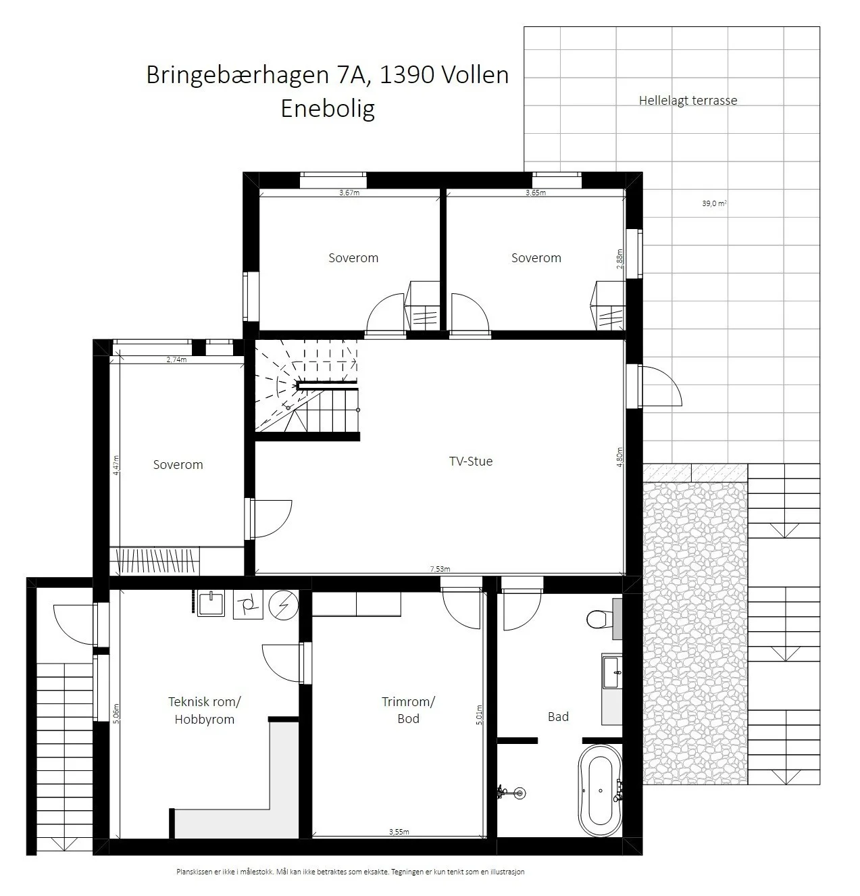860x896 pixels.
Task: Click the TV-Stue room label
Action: (x=470, y=462)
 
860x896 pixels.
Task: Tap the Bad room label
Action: (x=558, y=716)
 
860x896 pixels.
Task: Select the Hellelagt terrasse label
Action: (x=688, y=101)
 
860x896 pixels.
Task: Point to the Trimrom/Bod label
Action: (x=408, y=710)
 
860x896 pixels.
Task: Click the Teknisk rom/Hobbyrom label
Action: (x=205, y=710)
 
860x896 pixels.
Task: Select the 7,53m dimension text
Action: (x=440, y=569)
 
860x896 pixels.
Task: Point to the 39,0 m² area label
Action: (x=714, y=203)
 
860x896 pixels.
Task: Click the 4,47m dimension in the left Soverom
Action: (x=116, y=465)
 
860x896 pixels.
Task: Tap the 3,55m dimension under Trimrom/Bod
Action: (x=399, y=832)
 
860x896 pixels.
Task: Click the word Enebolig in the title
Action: (x=328, y=109)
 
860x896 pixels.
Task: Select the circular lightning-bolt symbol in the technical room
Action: (x=283, y=605)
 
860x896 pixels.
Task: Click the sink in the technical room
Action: (x=211, y=603)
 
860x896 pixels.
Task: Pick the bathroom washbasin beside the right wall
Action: (x=612, y=673)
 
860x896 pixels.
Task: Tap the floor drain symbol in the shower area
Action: (x=520, y=793)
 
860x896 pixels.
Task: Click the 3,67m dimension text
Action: (x=349, y=193)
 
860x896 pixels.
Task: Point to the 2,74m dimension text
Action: (x=176, y=359)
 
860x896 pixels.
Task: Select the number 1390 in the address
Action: (x=407, y=75)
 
